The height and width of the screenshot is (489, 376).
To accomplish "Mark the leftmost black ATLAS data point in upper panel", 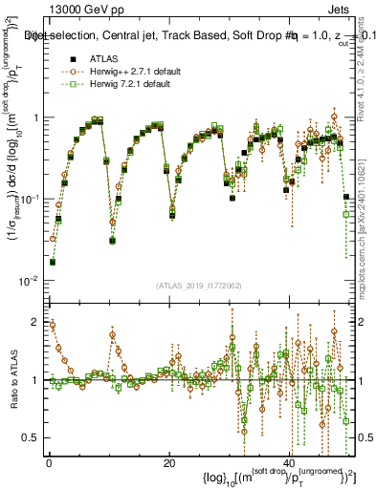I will (53, 262).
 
